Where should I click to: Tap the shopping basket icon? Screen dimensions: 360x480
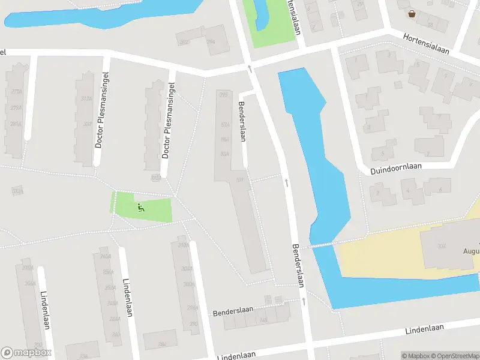click(412, 14)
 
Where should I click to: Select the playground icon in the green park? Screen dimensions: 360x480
click(141, 208)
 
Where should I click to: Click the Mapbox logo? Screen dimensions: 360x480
click(26, 353)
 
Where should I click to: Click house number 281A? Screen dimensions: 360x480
click(16, 124)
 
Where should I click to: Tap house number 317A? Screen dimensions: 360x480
click(85, 99)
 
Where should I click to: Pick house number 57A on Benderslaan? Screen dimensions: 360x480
click(226, 125)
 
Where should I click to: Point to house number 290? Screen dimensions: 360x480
click(193, 324)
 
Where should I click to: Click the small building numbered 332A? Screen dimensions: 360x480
click(17, 191)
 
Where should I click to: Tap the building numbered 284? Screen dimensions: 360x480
click(161, 344)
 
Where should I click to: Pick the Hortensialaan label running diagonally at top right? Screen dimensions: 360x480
click(426, 43)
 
